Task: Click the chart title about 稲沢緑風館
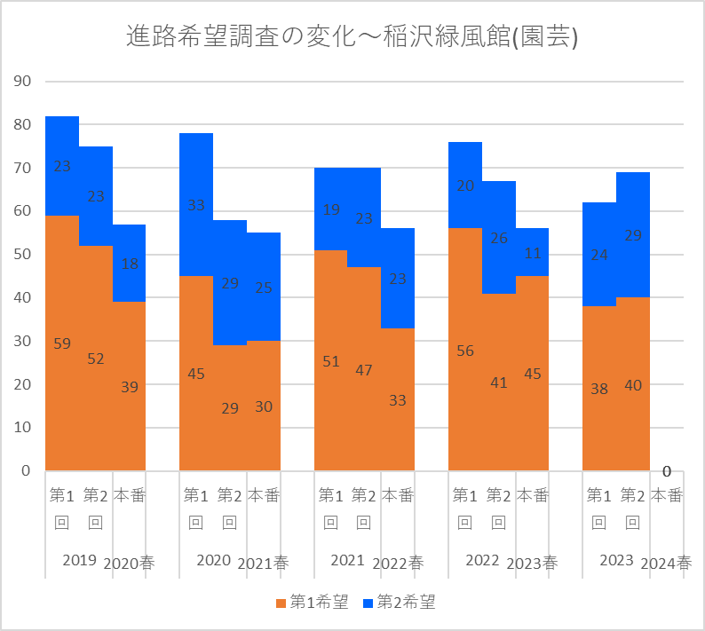click(352, 37)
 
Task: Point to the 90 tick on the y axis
click(21, 82)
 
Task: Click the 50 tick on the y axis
click(21, 255)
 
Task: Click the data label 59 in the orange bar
click(62, 343)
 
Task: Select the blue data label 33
click(196, 205)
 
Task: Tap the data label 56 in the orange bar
click(465, 351)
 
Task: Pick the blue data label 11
click(533, 253)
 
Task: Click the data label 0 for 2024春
click(666, 471)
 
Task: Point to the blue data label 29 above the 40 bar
click(632, 236)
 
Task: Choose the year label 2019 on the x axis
click(79, 561)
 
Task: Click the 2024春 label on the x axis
click(666, 563)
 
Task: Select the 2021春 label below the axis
click(263, 563)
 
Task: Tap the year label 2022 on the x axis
click(482, 561)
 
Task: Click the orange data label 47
click(365, 370)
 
